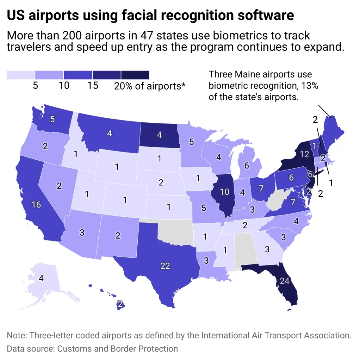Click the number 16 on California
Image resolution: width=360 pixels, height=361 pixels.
tap(36, 204)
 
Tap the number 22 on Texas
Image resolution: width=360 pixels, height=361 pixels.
tap(165, 266)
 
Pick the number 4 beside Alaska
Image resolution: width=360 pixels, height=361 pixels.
tap(41, 278)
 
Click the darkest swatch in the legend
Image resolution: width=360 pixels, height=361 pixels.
tap(135, 75)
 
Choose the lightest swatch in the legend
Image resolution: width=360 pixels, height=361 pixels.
tap(21, 75)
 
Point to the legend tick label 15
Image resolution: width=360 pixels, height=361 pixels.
tap(93, 86)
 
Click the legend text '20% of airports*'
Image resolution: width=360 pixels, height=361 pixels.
tap(150, 86)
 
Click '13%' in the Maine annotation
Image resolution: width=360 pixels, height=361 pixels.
tap(309, 86)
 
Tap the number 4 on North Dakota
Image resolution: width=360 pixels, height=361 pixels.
tap(159, 134)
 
